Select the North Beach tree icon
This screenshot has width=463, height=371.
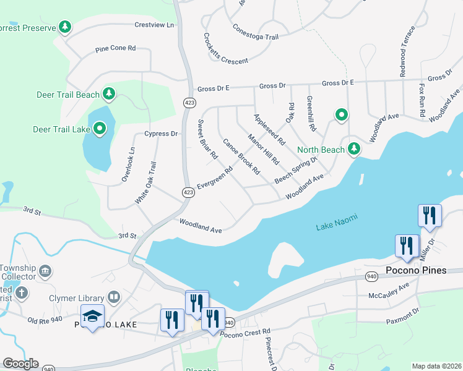tap(354, 148)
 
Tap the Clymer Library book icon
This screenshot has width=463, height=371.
tap(113, 297)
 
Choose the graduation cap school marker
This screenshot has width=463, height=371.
tap(92, 316)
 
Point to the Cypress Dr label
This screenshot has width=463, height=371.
tap(160, 134)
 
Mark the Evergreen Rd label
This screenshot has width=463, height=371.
tap(214, 178)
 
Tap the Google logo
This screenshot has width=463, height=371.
tap(20, 364)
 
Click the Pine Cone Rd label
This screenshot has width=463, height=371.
tap(115, 49)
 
